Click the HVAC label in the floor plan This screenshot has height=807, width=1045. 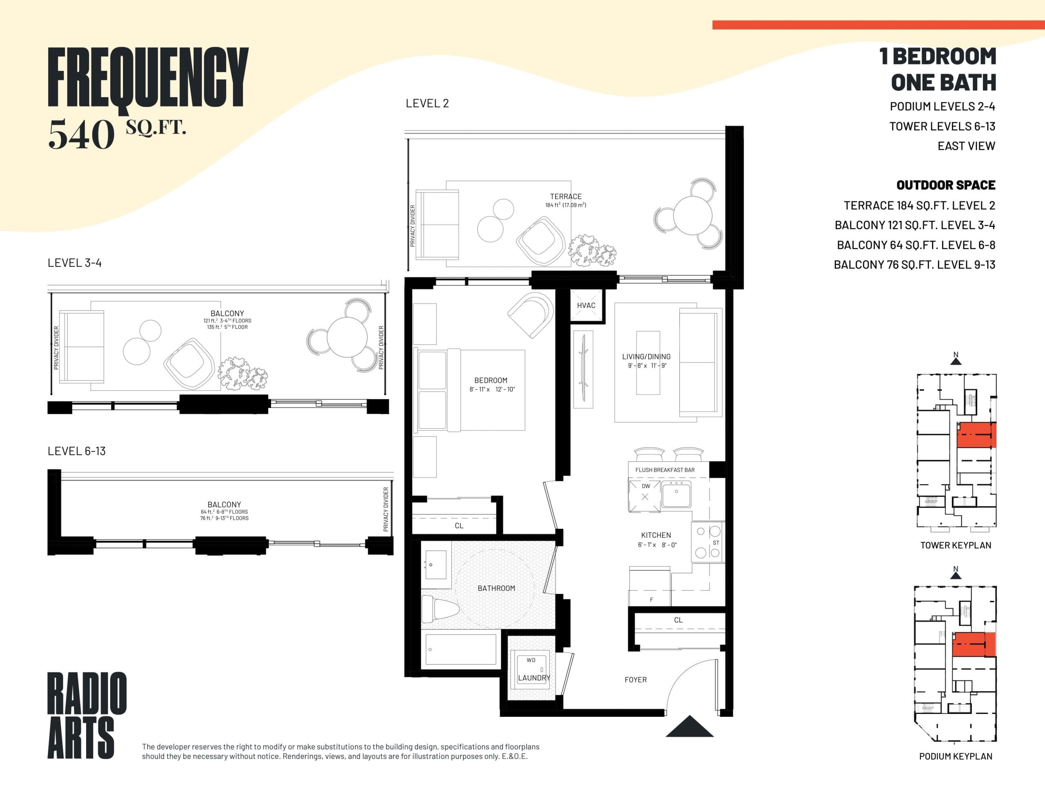coord(586,305)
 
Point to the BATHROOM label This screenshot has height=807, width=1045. coord(496,588)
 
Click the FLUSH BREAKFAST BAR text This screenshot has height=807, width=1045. coord(665,470)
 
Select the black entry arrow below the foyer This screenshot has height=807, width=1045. coord(689,727)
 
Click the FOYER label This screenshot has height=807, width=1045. coord(636,679)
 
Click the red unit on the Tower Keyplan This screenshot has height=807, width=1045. coord(976,435)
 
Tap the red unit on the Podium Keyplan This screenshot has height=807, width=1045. coord(973,644)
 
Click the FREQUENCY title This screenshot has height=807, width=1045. coord(148,78)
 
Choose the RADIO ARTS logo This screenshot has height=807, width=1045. coord(87,715)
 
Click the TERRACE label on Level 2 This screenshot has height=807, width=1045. coord(565,197)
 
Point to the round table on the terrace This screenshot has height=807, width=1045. coord(692,215)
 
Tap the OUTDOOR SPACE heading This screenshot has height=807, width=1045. coord(945,185)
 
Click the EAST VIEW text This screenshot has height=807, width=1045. coord(966,146)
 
